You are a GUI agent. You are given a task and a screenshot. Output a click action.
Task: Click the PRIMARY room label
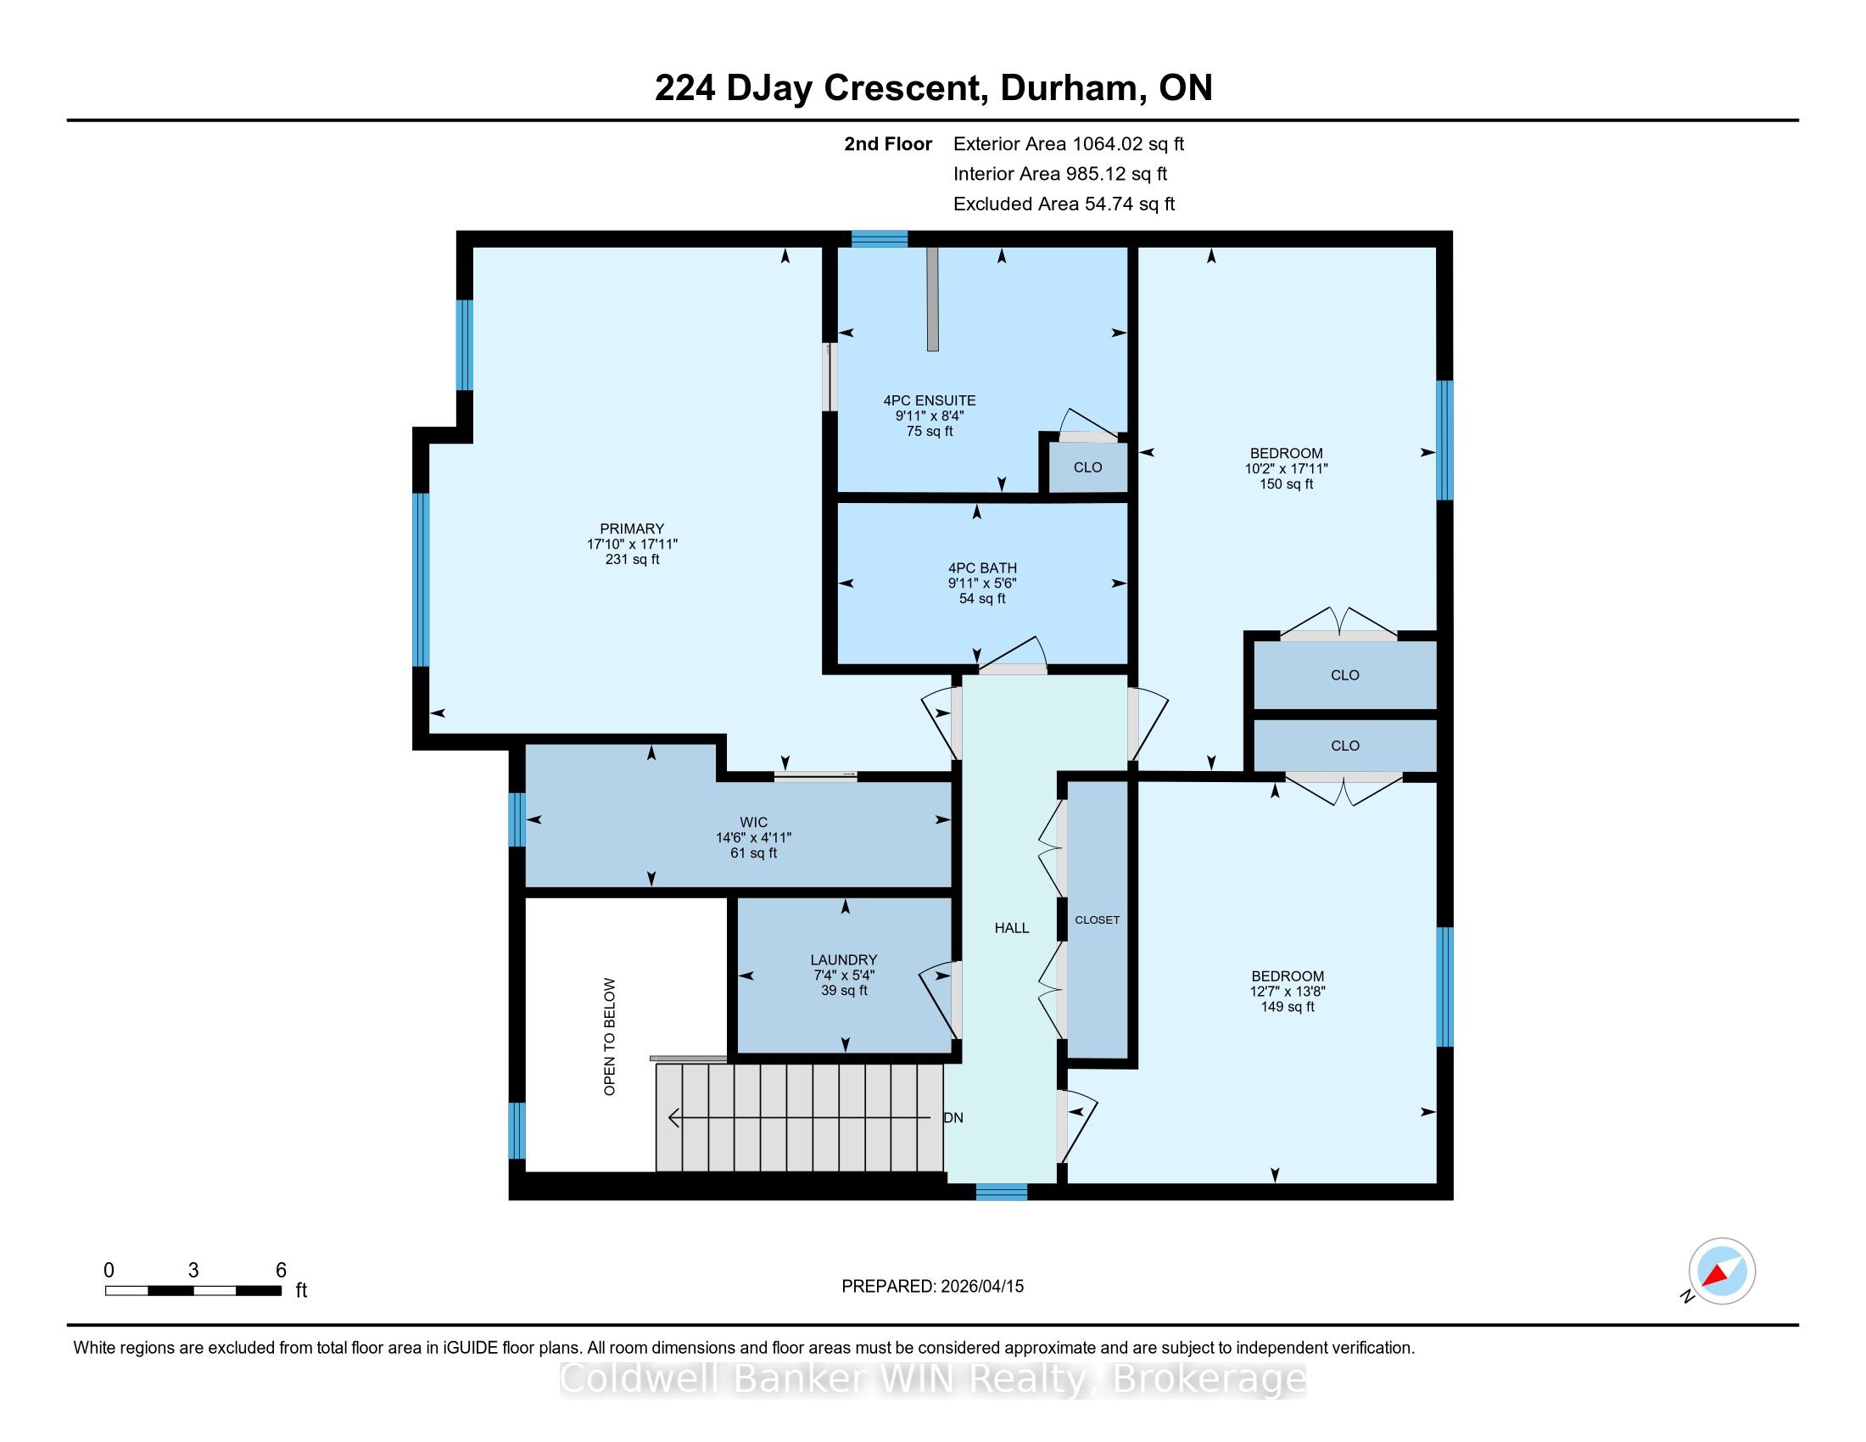[x=631, y=528]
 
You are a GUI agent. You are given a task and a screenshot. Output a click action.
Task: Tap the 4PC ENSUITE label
[x=930, y=400]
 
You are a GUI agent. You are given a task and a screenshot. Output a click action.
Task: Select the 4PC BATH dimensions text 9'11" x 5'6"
[x=981, y=584]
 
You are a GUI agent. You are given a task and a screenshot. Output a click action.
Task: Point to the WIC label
[x=753, y=823]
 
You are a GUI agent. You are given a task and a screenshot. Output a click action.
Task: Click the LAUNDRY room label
[x=844, y=960]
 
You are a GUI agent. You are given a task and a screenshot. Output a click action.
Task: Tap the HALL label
[x=1012, y=928]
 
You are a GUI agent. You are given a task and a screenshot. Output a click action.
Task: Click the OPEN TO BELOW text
[x=609, y=1037]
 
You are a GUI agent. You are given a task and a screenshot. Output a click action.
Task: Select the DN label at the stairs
[x=953, y=1118]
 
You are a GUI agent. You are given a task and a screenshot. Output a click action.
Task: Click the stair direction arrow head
[x=673, y=1117]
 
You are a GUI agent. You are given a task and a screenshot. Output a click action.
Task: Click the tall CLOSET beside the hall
[x=1098, y=920]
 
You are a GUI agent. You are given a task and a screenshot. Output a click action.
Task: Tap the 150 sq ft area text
[x=1286, y=484]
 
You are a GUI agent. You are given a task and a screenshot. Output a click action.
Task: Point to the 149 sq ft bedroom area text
[x=1288, y=1007]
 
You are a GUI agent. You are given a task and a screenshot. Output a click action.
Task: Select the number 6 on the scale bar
[x=280, y=1271]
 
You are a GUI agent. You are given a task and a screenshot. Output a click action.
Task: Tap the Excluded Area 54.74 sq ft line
[x=1064, y=204]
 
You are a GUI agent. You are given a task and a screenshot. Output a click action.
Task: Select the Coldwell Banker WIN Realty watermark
[x=933, y=1378]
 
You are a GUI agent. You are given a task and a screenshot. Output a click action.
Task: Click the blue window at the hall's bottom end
[x=1002, y=1192]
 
